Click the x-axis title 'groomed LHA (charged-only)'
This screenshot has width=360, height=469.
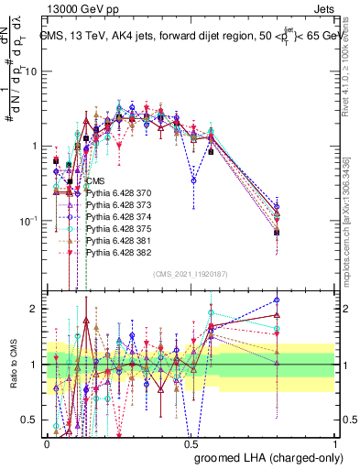pos(276,457)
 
